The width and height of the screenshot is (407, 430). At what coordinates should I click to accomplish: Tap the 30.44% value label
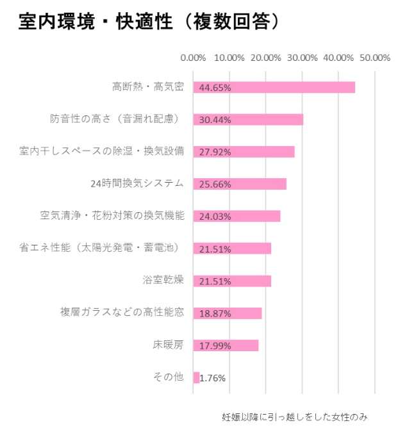coord(215,120)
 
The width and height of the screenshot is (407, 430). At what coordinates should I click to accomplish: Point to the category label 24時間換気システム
coord(138,184)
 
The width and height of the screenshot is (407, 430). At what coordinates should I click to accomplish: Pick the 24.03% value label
coord(215,217)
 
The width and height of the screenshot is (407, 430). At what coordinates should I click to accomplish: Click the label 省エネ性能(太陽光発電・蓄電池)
coord(99,248)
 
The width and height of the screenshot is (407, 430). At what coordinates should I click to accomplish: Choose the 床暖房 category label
coord(168,345)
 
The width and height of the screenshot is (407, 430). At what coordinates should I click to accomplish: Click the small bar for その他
coord(196,378)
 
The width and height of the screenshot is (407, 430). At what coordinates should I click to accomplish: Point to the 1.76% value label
coord(213,378)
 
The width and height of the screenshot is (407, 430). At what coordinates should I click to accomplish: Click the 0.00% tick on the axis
coord(193,58)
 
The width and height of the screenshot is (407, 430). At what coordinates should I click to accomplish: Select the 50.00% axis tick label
coord(375,58)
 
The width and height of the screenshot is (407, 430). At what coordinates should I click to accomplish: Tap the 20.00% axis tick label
coord(266,58)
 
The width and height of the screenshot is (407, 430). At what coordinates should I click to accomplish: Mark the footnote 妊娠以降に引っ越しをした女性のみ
coord(295,416)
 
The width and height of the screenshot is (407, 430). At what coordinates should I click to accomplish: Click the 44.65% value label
coord(215,88)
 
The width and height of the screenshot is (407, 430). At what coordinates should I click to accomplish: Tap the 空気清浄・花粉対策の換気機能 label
coord(112,216)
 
